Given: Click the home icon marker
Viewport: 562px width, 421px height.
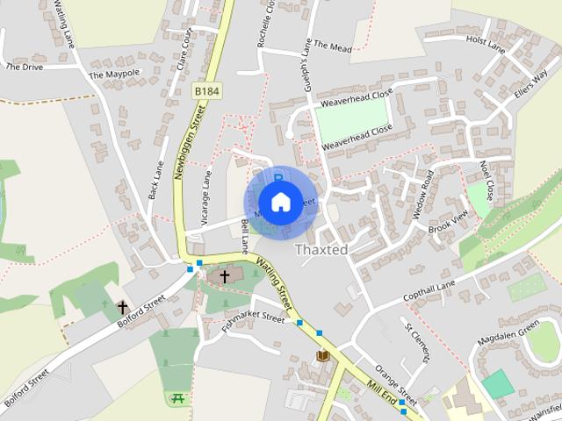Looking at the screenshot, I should tap(279, 202).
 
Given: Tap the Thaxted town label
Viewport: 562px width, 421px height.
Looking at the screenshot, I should tap(321, 250).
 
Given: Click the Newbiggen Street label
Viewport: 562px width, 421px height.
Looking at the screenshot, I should tap(188, 140).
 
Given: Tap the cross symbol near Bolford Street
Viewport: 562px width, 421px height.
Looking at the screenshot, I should tap(122, 308).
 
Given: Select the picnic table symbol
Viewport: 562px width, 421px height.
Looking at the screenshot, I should tap(178, 397).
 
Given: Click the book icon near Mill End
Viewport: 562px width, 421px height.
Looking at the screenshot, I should tap(323, 355).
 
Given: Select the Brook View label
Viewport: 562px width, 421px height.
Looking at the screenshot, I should tap(448, 221).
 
